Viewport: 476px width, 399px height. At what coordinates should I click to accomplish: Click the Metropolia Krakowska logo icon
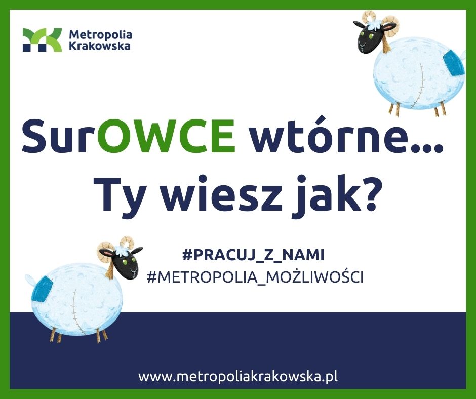[42, 40]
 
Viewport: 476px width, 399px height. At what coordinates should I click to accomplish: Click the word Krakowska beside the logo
[100, 46]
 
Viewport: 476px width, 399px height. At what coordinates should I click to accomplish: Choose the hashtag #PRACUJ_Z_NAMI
[254, 255]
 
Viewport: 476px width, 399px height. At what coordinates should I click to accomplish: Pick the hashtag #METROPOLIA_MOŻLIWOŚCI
[255, 277]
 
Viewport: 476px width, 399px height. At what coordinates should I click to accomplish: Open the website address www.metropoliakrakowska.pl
[238, 377]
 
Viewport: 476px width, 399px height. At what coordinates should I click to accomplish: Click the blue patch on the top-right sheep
[453, 64]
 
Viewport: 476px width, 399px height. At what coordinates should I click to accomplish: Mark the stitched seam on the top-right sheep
[417, 87]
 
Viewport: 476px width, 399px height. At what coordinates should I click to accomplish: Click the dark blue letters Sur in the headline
[60, 136]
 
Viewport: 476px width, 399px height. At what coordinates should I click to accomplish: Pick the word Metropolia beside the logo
[101, 34]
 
